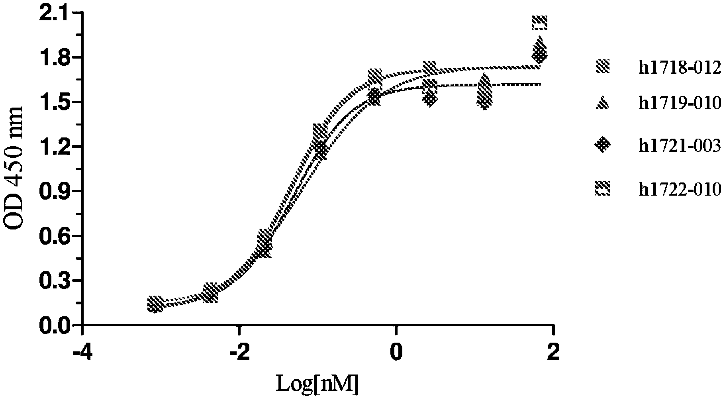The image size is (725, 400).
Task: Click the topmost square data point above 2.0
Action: coord(540,22)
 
